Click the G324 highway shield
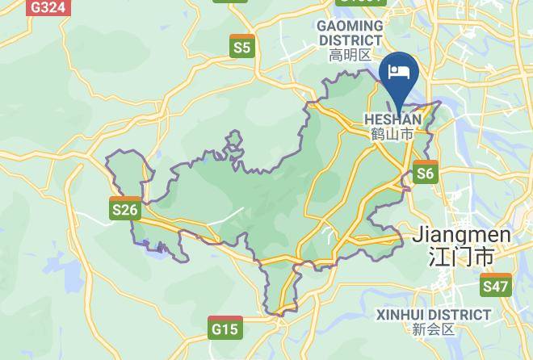tap(48, 7)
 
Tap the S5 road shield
tap(242, 46)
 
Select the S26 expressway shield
tap(125, 209)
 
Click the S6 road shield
tap(425, 172)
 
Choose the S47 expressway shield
tap(495, 285)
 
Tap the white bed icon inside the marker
tap(399, 72)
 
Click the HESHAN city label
tap(392, 119)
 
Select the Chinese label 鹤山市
tap(392, 134)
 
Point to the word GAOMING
tap(350, 26)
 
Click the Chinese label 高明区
tap(350, 55)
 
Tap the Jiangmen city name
tap(461, 235)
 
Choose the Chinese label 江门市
tap(461, 257)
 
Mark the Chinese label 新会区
tap(434, 329)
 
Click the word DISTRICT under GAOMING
tap(350, 40)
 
